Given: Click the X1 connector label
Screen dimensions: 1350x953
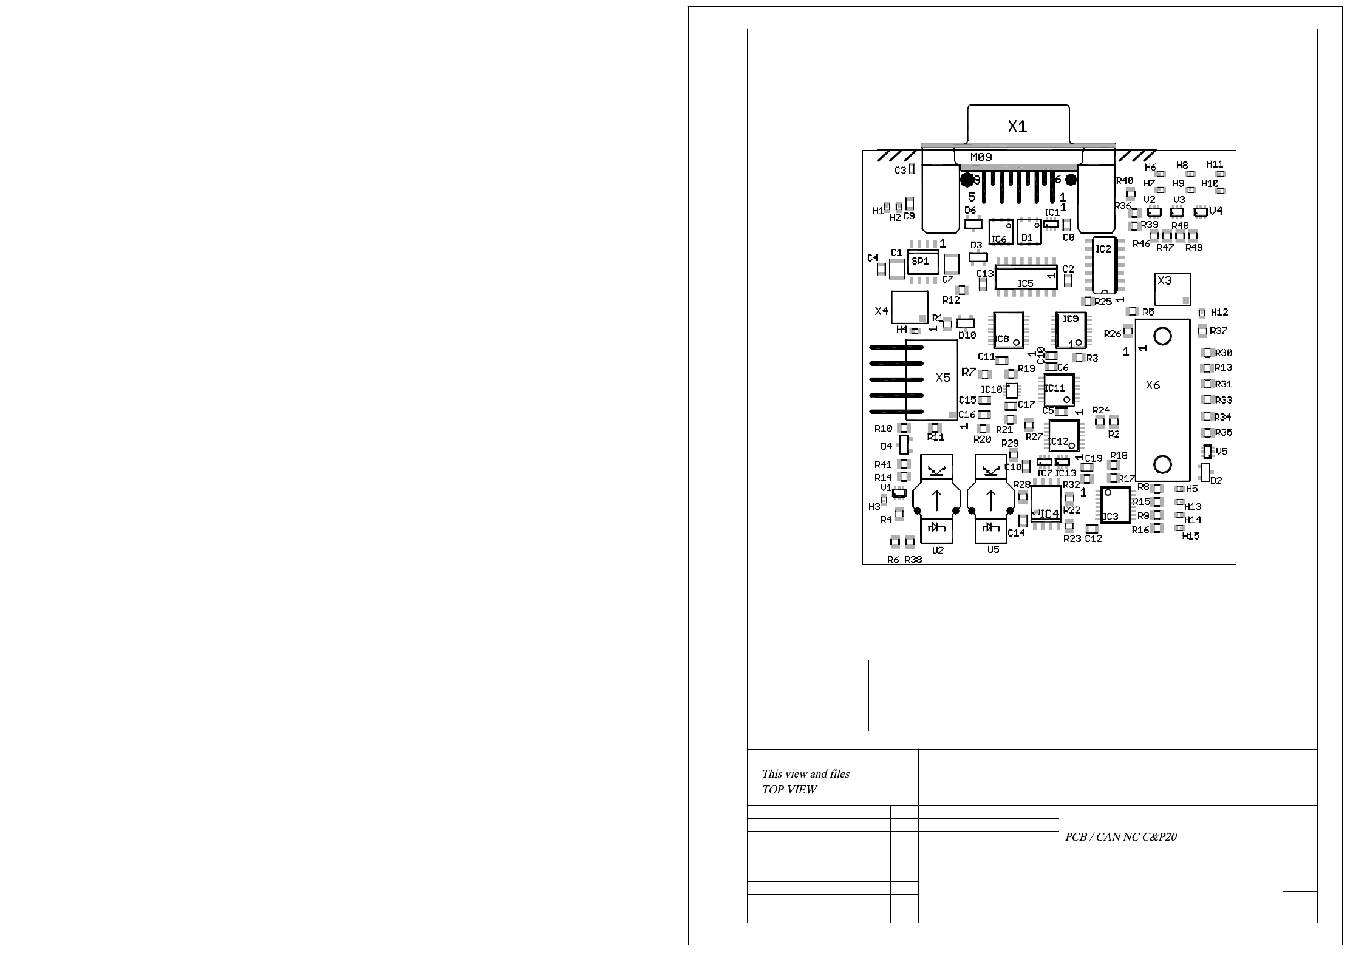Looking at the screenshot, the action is point(1017,127).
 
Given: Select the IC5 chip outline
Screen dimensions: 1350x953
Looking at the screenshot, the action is point(1026,279).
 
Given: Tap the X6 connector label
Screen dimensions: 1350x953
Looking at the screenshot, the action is point(1153,385).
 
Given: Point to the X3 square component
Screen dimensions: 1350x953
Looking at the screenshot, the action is point(1172,289).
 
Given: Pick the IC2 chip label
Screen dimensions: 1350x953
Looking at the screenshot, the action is point(1103,249).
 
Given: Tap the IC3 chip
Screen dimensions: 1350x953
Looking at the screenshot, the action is point(1116,505).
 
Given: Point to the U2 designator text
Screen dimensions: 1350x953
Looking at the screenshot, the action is point(938,551).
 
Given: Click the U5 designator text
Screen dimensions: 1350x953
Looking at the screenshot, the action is point(993,549).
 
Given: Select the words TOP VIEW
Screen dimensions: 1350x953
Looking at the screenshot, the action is point(789,790).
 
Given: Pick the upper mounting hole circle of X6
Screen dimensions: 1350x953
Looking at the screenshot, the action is point(1162,336).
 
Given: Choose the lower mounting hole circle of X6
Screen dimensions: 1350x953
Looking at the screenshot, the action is point(1162,464).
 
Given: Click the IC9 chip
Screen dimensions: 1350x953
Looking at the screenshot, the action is point(1071,330).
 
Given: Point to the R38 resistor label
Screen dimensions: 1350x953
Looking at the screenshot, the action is point(913,560).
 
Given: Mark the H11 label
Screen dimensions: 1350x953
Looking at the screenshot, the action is point(1215,164).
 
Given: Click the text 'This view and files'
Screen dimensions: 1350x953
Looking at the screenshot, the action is point(805,774).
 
